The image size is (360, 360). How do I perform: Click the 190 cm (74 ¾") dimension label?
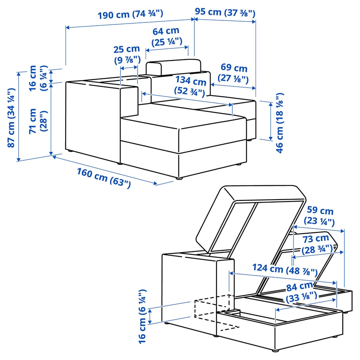pyautogui.click(x=130, y=14)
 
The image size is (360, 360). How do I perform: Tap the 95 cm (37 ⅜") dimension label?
pyautogui.click(x=225, y=12)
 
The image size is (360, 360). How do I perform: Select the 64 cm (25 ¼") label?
pyautogui.click(x=167, y=36)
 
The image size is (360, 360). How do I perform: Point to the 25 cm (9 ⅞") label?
pyautogui.click(x=127, y=54)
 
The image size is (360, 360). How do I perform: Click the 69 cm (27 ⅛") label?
pyautogui.click(x=233, y=73)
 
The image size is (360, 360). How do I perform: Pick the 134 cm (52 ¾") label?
pyautogui.click(x=190, y=86)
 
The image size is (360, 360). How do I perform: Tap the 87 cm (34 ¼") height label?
pyautogui.click(x=11, y=118)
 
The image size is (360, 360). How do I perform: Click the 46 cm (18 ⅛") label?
pyautogui.click(x=280, y=123)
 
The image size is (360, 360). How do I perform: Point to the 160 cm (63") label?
pyautogui.click(x=104, y=178)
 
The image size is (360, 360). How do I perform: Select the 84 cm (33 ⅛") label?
pyautogui.click(x=301, y=292)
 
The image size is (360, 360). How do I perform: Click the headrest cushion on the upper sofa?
pyautogui.click(x=173, y=67)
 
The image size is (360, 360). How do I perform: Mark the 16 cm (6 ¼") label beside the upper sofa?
pyautogui.click(x=38, y=78)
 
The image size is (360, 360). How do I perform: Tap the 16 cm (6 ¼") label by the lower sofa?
pyautogui.click(x=142, y=317)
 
